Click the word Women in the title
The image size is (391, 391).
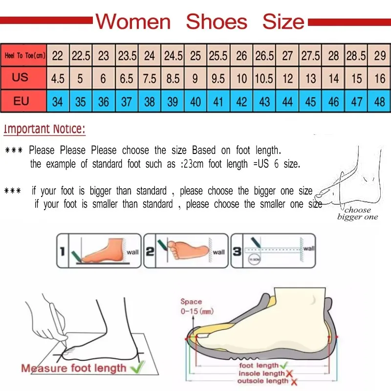[133, 22]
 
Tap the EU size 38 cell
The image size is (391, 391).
[150, 102]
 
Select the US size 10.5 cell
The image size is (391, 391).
[264, 78]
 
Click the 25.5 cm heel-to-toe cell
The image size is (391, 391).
[218, 56]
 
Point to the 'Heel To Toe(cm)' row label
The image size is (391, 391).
[24, 56]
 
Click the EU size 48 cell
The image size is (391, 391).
[380, 102]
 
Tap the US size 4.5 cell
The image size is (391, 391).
[58, 78]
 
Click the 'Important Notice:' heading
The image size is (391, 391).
[44, 130]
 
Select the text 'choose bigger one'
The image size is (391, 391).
[357, 214]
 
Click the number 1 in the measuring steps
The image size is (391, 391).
[62, 252]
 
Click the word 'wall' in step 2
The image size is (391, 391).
[218, 252]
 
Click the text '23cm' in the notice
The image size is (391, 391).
[193, 164]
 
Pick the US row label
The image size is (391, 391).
[21, 78]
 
